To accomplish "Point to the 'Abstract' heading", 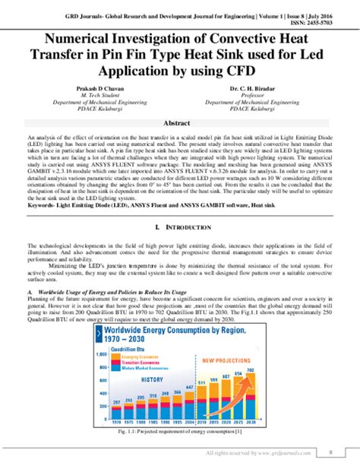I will pos(180,124).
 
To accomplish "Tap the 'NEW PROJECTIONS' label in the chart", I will pos(228,361).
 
